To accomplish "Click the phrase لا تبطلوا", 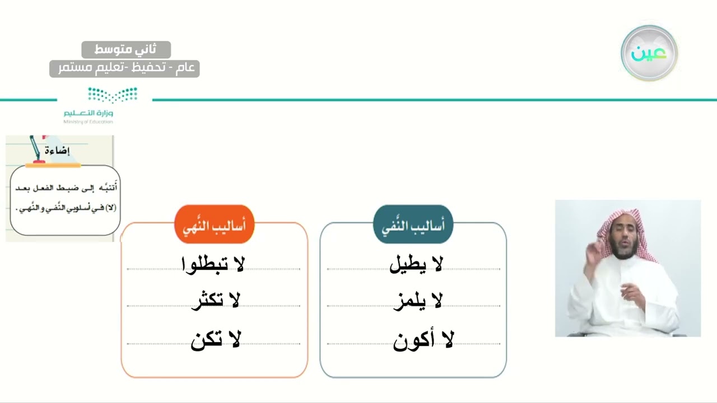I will pyautogui.click(x=213, y=264).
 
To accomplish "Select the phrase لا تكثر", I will pyautogui.click(x=215, y=301).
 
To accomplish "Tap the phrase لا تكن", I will pyautogui.click(x=216, y=340).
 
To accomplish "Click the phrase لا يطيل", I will pyautogui.click(x=416, y=264).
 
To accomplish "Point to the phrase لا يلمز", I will pyautogui.click(x=417, y=301).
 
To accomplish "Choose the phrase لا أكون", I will pyautogui.click(x=423, y=340).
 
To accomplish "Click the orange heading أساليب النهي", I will pyautogui.click(x=215, y=225).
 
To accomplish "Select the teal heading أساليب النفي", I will pyautogui.click(x=413, y=225).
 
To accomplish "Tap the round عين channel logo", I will pyautogui.click(x=649, y=53).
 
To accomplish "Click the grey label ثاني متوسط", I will pyautogui.click(x=125, y=50).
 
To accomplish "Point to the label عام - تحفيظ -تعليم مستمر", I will pyautogui.click(x=124, y=68).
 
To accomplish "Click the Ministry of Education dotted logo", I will pyautogui.click(x=112, y=95).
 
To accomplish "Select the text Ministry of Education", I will pyautogui.click(x=88, y=121).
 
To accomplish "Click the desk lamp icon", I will pyautogui.click(x=37, y=149).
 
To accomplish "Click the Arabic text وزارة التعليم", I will pyautogui.click(x=88, y=113).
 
